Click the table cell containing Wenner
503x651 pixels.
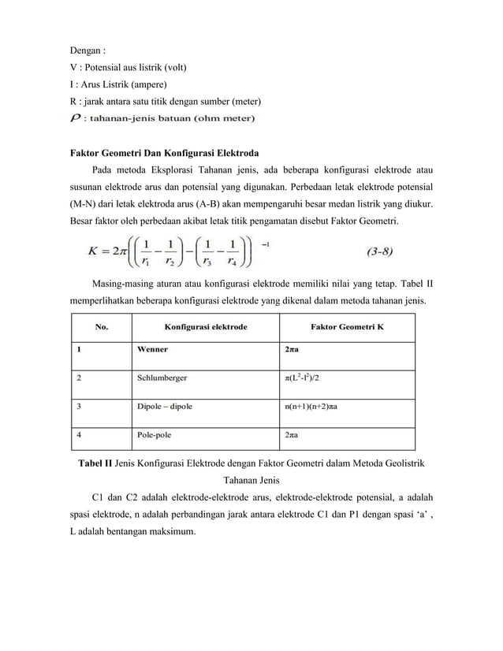coord(151,348)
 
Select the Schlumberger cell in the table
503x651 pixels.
coord(162,378)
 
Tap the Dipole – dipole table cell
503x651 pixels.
coord(165,407)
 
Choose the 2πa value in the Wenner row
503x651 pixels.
coord(291,348)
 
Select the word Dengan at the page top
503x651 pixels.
coord(84,51)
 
